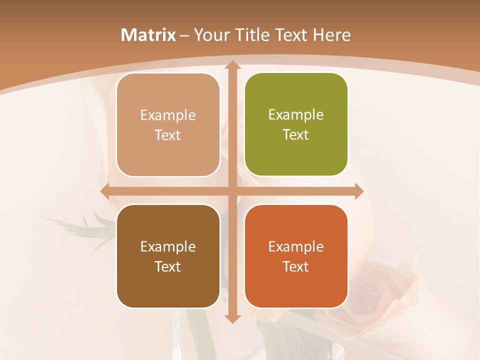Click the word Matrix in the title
click(148, 35)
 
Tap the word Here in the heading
click(331, 35)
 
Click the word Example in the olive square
click(296, 114)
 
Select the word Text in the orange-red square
click(296, 266)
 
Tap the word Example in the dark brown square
click(168, 246)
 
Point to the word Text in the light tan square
click(168, 135)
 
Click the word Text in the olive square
click(296, 134)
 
